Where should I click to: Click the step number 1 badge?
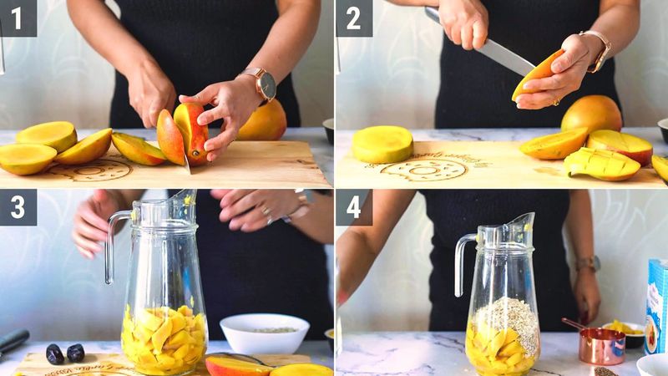coord(18,18)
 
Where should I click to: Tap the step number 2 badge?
coord(354,18)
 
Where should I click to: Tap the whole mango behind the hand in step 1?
coord(264,122)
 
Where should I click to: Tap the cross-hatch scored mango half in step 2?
coord(602,164)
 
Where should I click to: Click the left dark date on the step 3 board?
coord(55,353)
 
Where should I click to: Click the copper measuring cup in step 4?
coord(601,344)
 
